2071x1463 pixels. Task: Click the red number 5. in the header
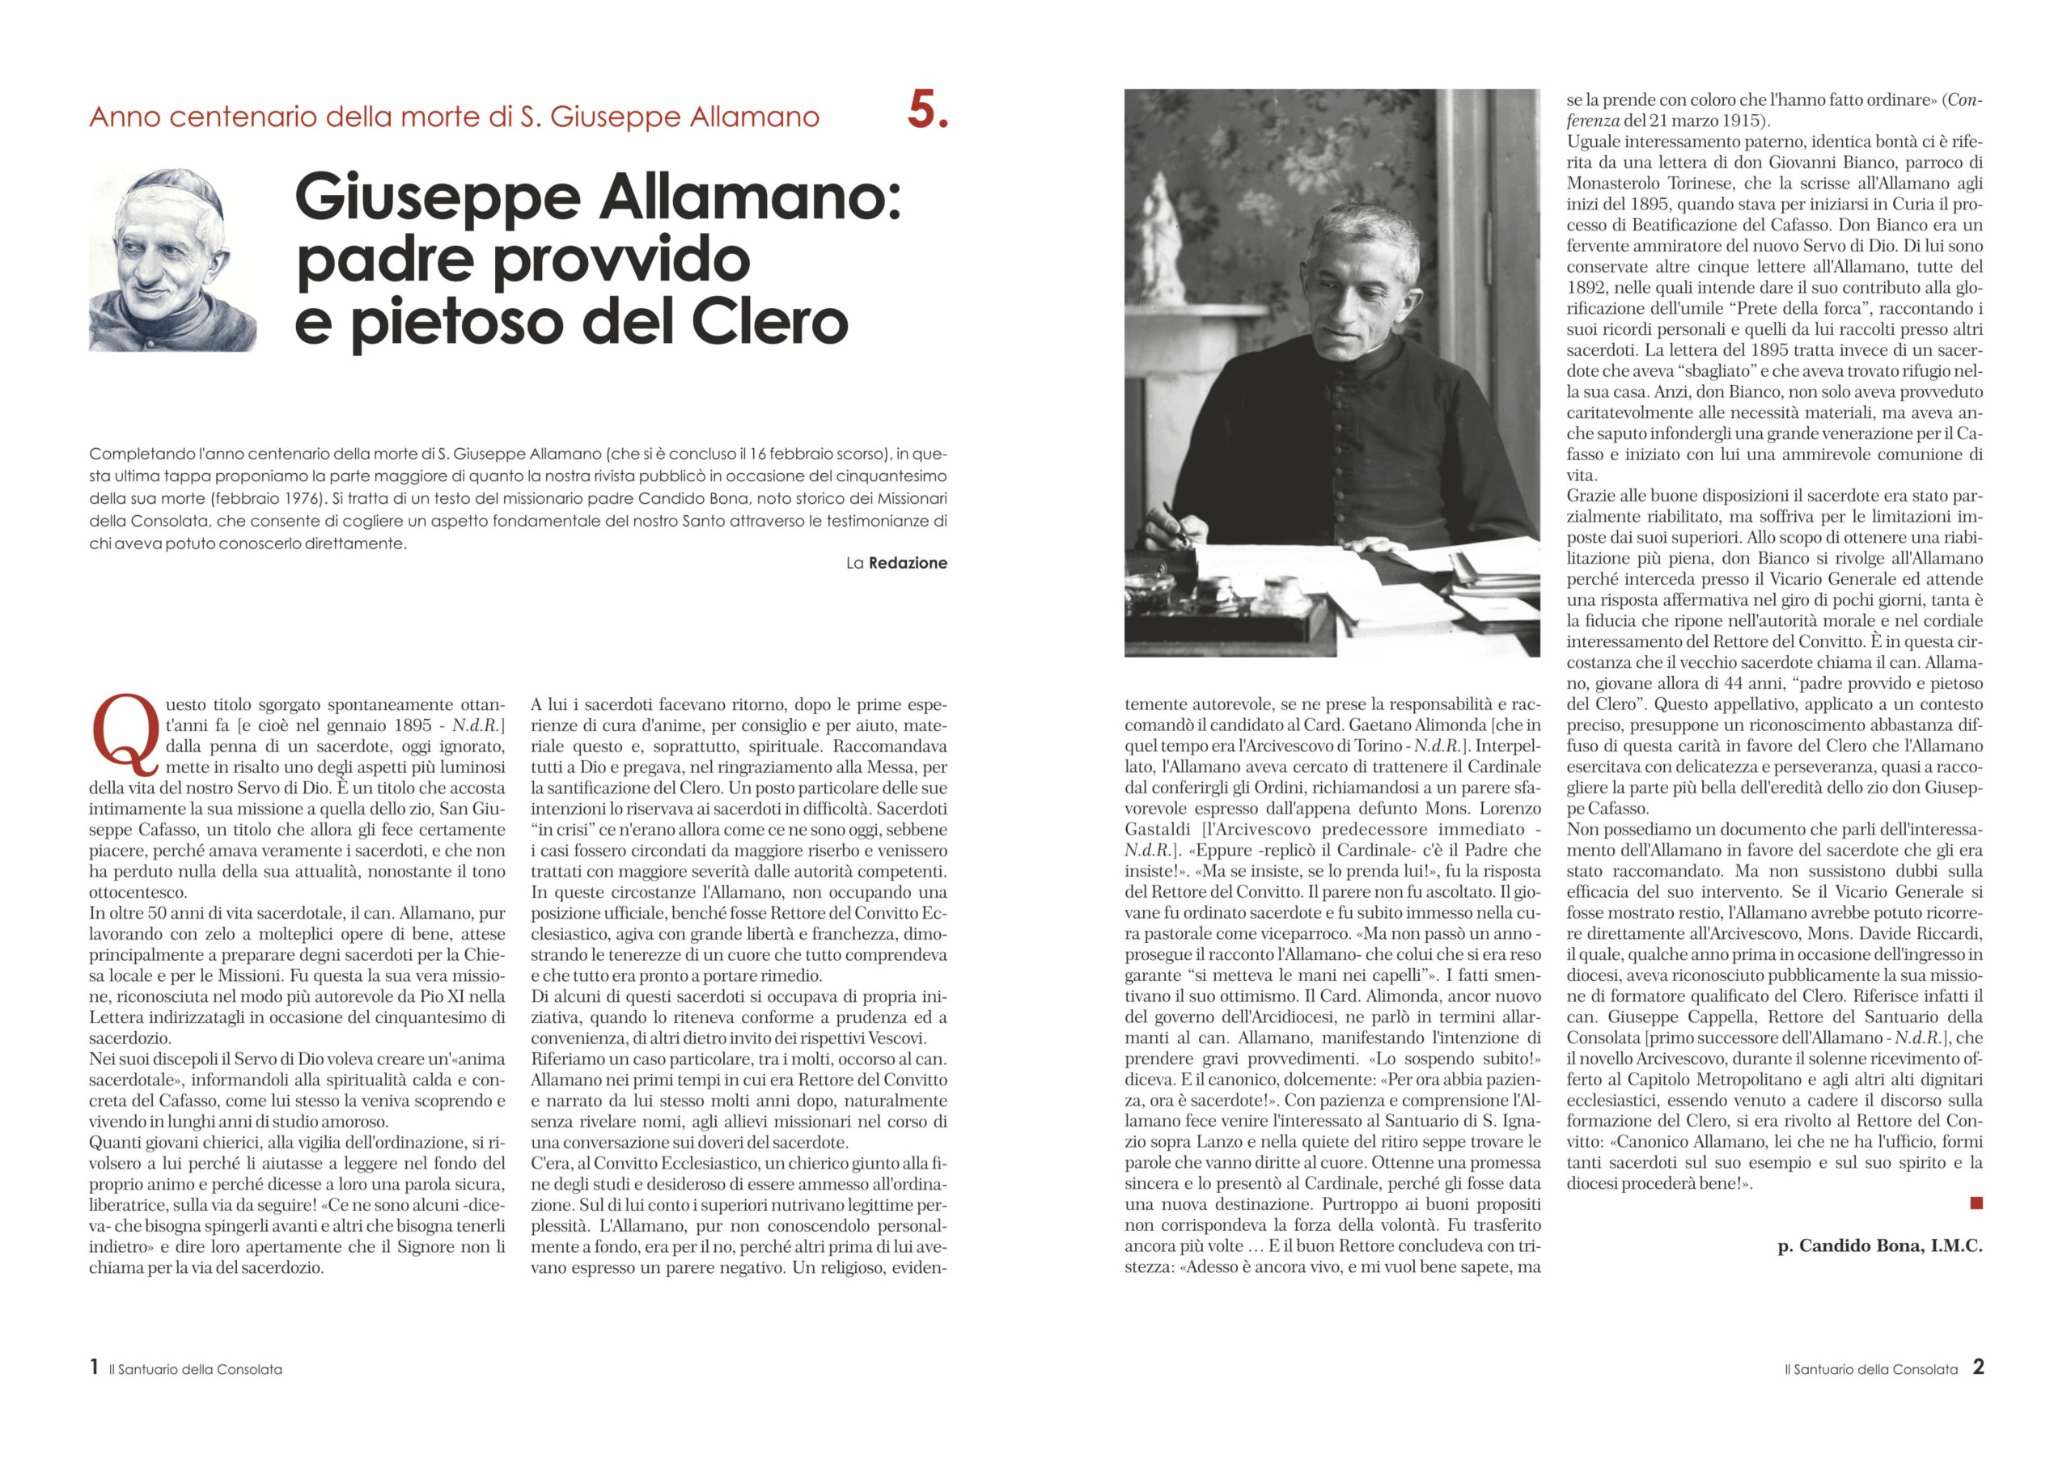point(927,112)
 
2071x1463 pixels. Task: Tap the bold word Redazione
point(908,563)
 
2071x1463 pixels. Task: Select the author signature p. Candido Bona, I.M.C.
point(1880,1246)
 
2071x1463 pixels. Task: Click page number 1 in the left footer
point(95,1368)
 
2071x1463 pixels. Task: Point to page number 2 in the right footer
point(1978,1368)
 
